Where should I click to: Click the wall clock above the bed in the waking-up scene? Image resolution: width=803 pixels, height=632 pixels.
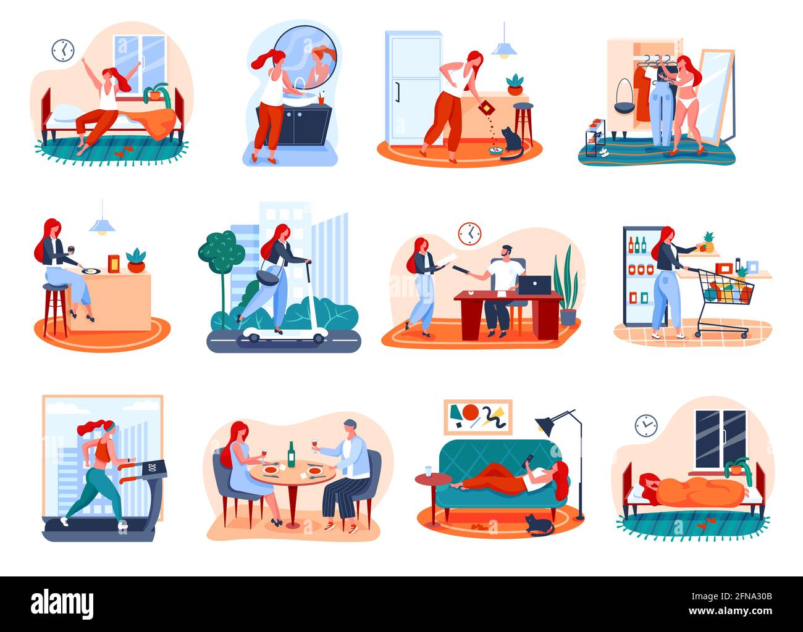[62, 51]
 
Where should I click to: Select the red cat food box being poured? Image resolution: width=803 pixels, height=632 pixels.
[486, 109]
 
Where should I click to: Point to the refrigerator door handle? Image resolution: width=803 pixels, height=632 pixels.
[398, 93]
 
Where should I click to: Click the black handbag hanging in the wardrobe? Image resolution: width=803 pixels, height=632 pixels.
[624, 96]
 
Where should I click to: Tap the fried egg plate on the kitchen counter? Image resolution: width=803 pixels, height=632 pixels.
[91, 271]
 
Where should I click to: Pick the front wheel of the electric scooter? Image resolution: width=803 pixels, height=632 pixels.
[318, 338]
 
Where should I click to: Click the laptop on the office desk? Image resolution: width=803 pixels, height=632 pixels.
[534, 285]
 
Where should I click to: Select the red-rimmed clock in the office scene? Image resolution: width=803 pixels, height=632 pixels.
[469, 234]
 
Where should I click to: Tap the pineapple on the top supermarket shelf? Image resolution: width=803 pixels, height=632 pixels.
[708, 242]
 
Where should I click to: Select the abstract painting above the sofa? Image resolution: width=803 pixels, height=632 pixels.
[478, 417]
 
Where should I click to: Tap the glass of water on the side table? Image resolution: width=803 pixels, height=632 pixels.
[428, 471]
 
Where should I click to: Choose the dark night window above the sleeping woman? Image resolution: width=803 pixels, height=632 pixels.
[720, 439]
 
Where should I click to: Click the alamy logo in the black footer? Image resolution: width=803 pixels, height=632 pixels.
[62, 604]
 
